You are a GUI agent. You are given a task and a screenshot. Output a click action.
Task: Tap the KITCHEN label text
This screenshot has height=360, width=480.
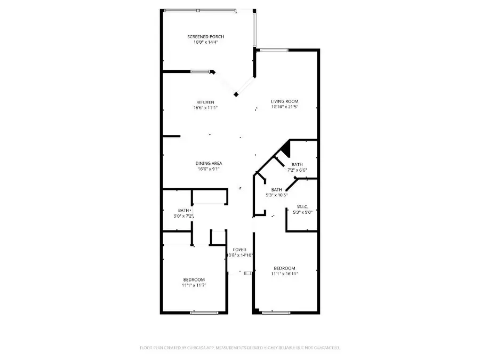[x=205, y=102]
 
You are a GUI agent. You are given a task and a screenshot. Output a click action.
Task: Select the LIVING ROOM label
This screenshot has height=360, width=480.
[x=284, y=101]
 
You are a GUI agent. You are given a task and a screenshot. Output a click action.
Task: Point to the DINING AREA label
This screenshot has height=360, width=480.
[x=209, y=163]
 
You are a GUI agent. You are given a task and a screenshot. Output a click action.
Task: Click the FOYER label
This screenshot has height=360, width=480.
[x=239, y=250]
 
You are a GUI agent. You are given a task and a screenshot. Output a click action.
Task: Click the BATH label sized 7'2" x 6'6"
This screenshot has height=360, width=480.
[x=297, y=165]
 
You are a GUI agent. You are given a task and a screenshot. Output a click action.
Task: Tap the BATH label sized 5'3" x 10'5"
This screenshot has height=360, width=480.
[x=277, y=189]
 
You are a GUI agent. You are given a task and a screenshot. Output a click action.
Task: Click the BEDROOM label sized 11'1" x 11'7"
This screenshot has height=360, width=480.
[x=194, y=279]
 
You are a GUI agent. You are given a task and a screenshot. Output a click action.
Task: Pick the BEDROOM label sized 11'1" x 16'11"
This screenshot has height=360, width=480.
[x=284, y=268]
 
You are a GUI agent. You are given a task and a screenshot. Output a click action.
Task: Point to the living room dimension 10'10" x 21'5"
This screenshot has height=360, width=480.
[x=284, y=107]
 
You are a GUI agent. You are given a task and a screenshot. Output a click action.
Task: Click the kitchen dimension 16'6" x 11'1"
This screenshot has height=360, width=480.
[x=205, y=107]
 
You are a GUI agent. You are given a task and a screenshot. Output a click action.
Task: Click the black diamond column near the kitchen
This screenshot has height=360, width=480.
[x=236, y=94]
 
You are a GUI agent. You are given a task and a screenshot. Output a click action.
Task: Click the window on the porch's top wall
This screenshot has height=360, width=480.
[x=200, y=10]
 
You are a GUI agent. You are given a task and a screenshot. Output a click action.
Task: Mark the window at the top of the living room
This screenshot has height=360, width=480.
[x=275, y=50]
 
